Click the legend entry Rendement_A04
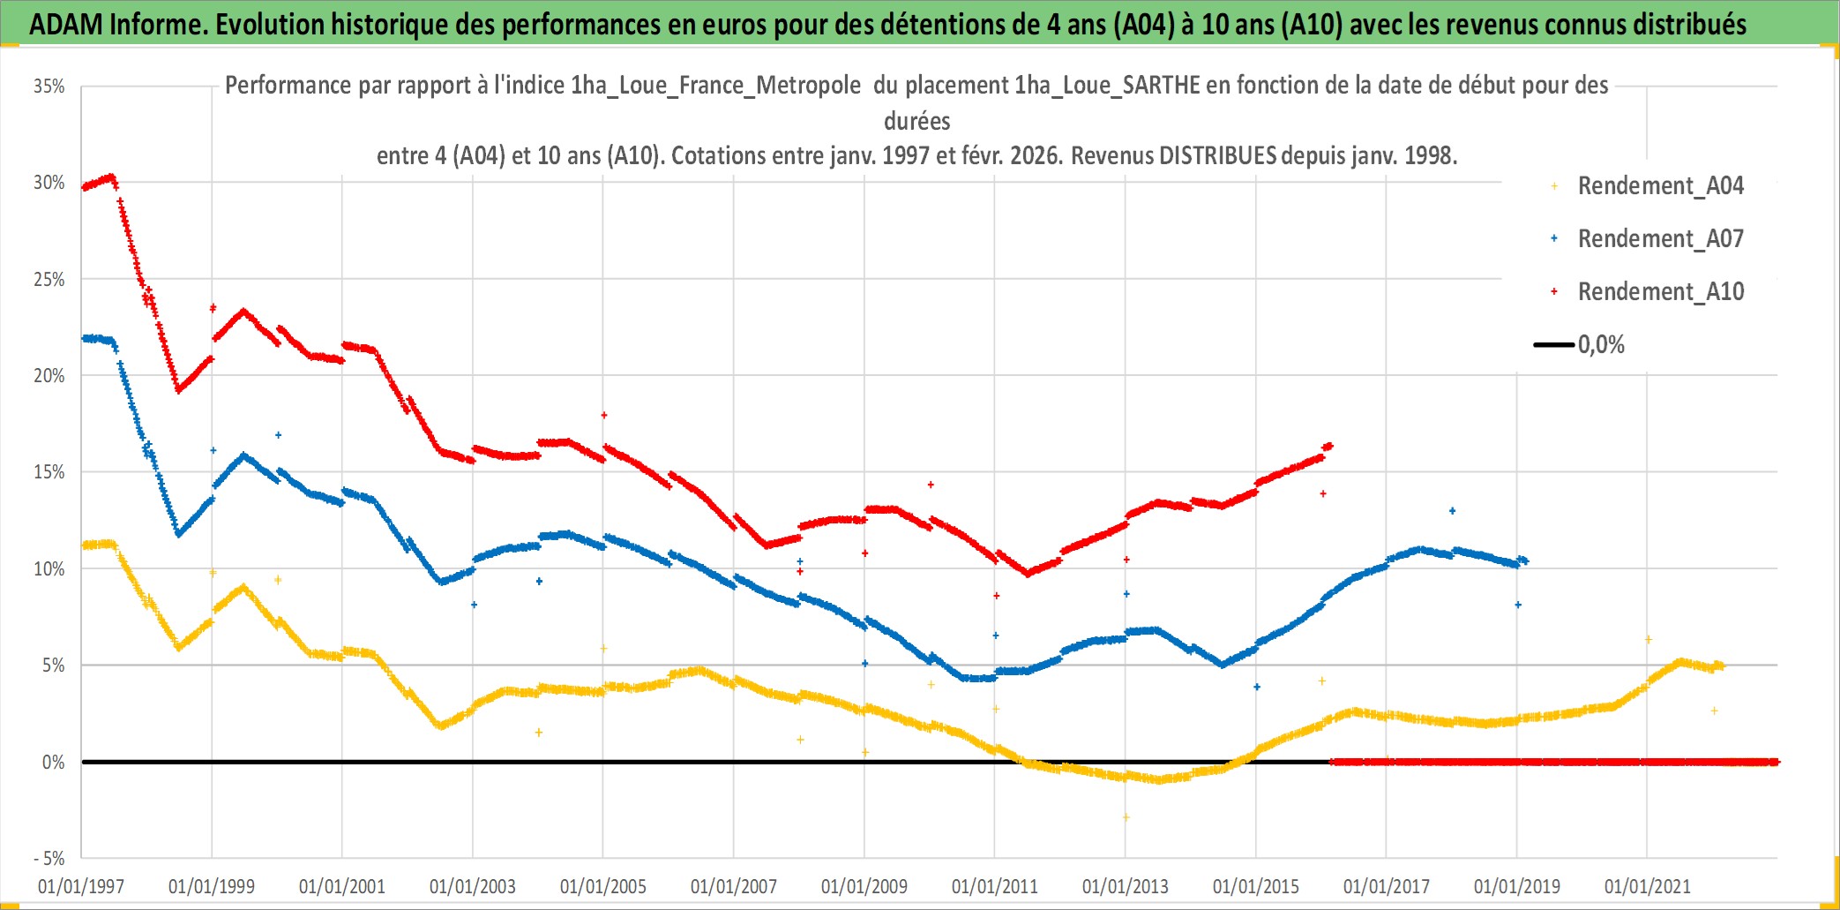point(1660,186)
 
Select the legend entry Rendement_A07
point(1660,239)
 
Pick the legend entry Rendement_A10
point(1660,292)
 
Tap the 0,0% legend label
point(1601,345)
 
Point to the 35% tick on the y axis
point(49,86)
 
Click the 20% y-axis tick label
point(49,376)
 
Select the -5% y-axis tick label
point(49,859)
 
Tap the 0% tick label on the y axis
point(54,763)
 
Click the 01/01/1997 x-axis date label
point(81,886)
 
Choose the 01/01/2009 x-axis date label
point(864,886)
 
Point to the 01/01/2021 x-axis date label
point(1648,886)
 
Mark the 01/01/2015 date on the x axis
point(1256,886)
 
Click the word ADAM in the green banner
point(66,25)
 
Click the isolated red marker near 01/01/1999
point(213,308)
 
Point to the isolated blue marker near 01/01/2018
point(1452,511)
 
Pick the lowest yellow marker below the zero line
point(1126,817)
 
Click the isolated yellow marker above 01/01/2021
point(1648,639)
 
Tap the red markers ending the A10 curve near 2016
point(1328,447)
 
